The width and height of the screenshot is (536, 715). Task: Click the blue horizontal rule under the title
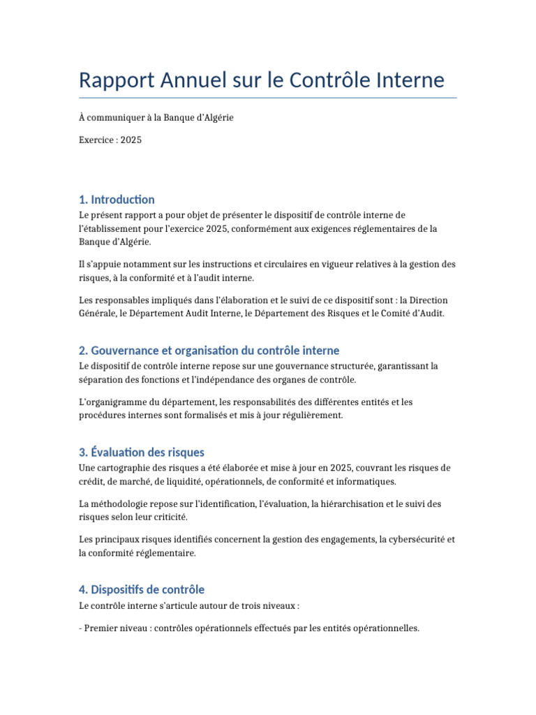(268, 98)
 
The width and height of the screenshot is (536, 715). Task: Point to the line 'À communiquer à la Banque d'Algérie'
(156, 117)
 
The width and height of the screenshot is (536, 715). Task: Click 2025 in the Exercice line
(131, 140)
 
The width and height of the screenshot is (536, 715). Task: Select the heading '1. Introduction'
(117, 200)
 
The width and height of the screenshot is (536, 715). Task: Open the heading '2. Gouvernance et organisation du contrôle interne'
(209, 351)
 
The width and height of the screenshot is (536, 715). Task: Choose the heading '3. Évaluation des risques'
(142, 452)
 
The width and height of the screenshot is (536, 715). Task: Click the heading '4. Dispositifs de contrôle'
(142, 590)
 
